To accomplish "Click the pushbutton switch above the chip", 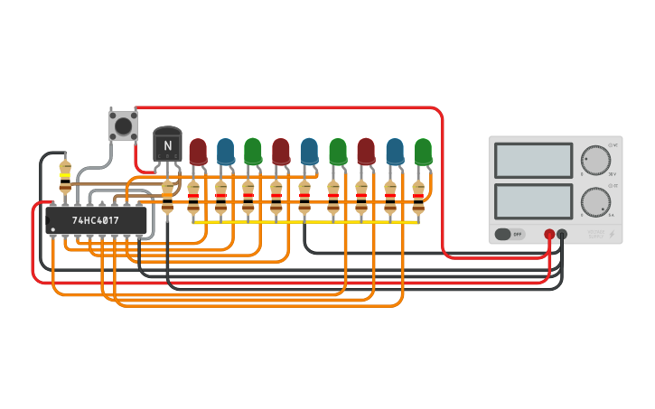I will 123,124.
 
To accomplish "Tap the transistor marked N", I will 167,144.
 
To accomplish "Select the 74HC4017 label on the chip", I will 96,219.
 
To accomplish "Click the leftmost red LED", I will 198,151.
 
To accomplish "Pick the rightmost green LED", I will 423,151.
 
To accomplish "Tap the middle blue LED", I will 309,151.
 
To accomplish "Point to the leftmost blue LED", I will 225,151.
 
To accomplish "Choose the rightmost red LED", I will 365,151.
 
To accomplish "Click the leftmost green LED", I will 253,151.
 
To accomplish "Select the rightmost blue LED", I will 395,151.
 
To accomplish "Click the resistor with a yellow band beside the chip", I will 65,176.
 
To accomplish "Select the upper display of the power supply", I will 533,161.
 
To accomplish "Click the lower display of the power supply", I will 533,201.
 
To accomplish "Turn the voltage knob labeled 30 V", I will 595,160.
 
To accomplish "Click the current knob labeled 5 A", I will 595,202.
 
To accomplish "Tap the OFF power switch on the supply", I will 510,234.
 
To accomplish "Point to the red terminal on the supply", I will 548,235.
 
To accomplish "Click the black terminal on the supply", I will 562,235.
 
